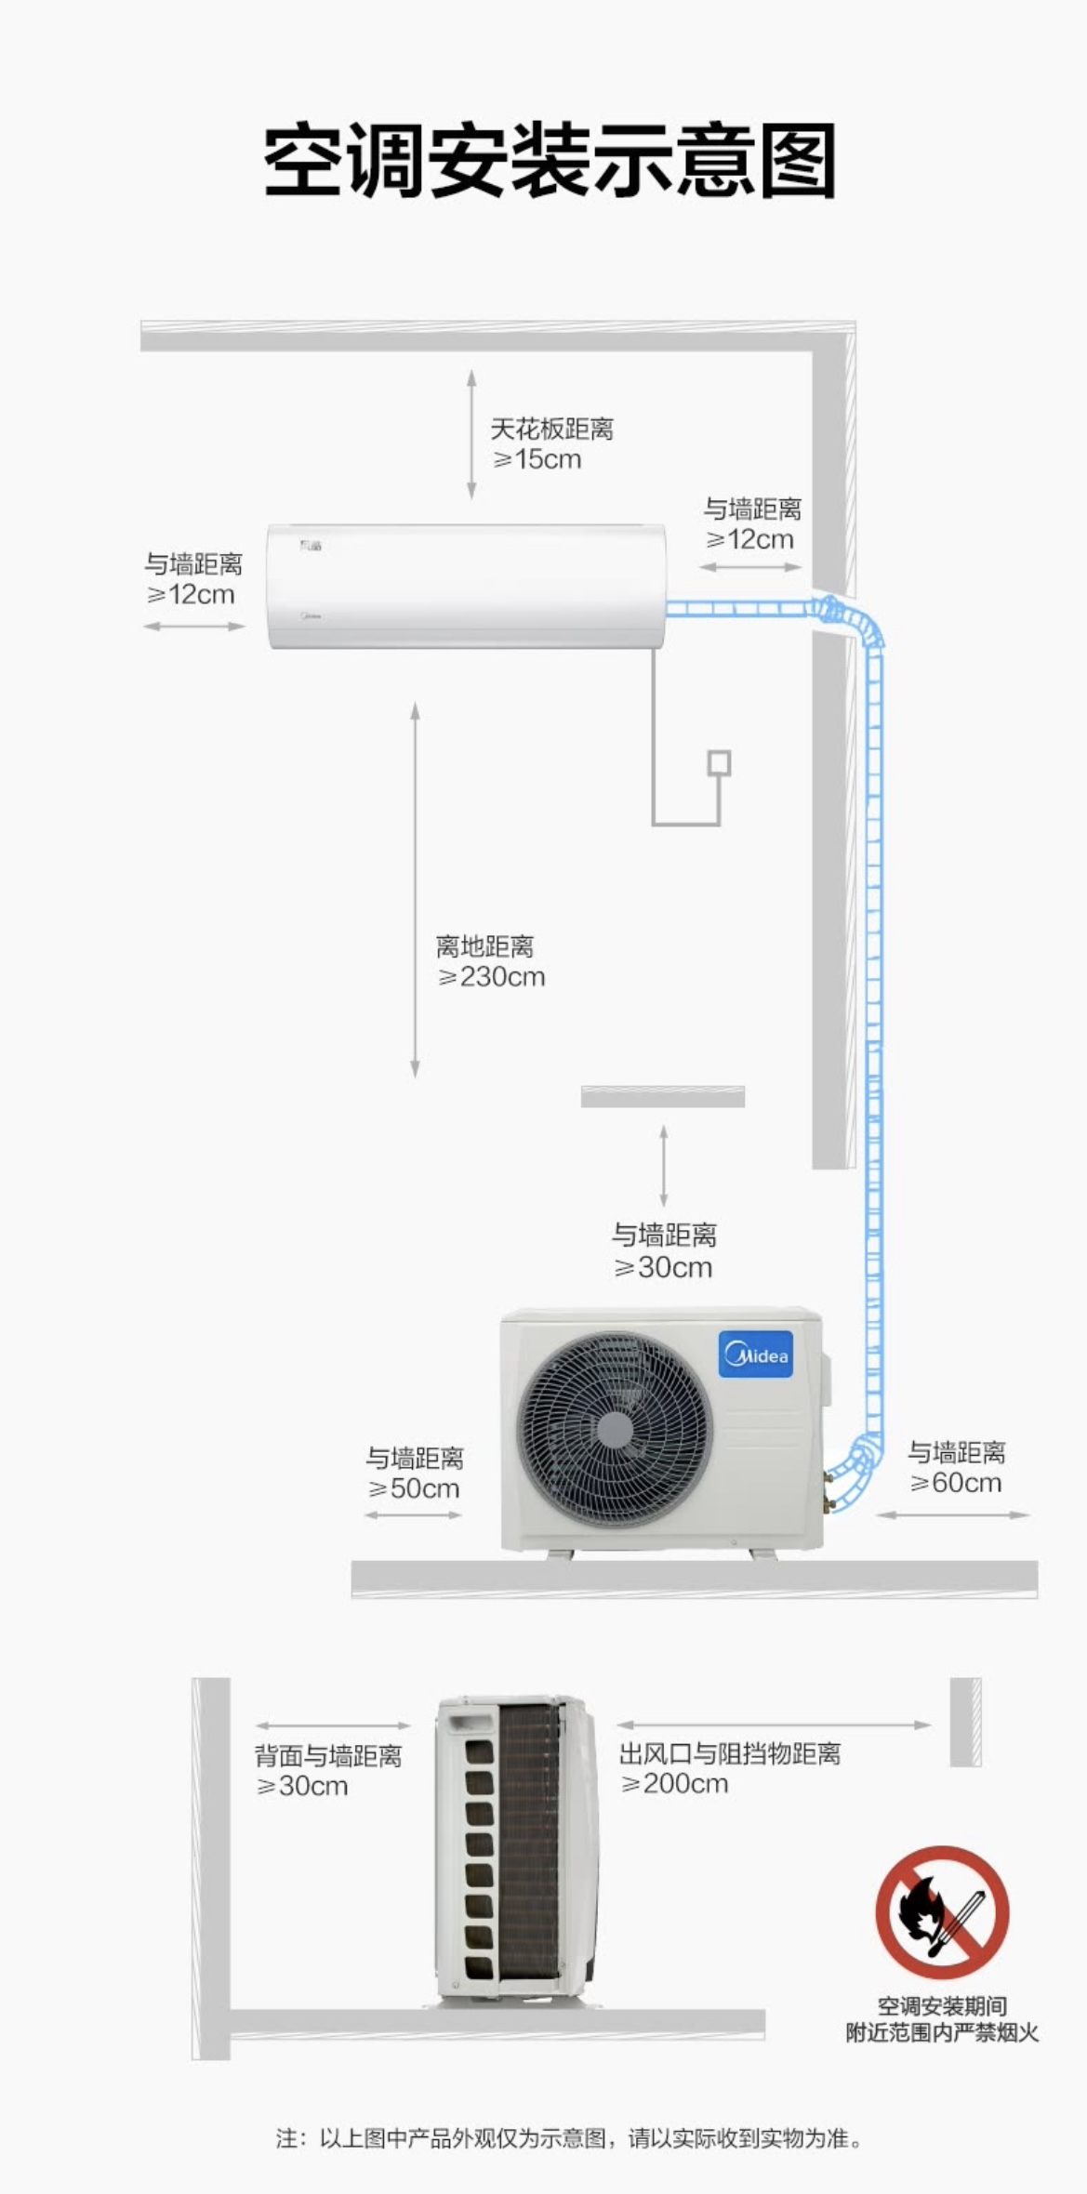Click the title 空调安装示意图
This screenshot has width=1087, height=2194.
point(549,162)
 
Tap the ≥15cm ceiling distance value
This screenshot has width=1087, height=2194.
point(537,459)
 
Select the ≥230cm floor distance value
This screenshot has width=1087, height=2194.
point(492,977)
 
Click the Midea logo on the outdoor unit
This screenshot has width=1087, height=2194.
point(756,1354)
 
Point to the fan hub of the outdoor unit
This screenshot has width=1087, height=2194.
point(613,1429)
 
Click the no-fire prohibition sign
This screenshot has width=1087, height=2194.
point(941,1912)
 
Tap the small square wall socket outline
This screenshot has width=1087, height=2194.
point(719,763)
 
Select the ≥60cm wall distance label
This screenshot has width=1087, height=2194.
point(956,1483)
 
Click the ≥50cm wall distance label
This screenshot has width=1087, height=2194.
point(414,1488)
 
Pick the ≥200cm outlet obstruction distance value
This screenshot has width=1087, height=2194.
point(674,1783)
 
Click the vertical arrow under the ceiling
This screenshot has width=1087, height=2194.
point(471,434)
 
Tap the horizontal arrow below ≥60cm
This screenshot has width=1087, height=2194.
point(953,1514)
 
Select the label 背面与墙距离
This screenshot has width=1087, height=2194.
point(328,1755)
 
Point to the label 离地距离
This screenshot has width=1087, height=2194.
point(484,946)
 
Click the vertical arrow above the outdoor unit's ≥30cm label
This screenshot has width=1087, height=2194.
point(663,1166)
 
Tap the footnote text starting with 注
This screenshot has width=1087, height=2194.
point(569,2138)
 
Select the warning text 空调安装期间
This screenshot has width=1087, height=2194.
point(941,2006)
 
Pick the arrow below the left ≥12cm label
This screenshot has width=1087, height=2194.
point(193,627)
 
